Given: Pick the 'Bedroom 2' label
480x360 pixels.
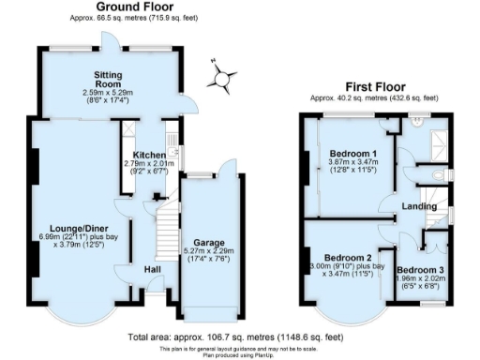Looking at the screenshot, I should click(x=349, y=257).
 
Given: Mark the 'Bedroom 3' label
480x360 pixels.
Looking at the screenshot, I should click(x=430, y=268).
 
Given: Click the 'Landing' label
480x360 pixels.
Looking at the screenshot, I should click(x=417, y=206).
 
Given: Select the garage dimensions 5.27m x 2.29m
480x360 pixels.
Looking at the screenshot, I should click(x=210, y=255).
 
